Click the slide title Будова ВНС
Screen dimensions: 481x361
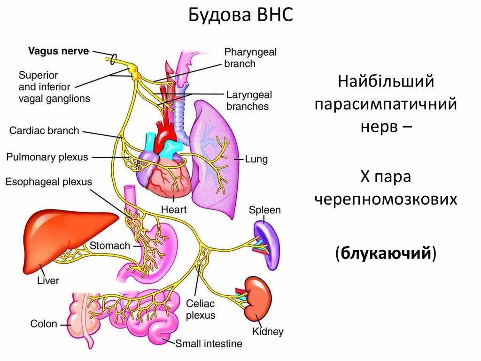240,16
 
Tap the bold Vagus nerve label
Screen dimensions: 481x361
58,51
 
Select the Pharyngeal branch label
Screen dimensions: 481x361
250,58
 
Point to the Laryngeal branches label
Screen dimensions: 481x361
248,100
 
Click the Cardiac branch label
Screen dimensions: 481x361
44,130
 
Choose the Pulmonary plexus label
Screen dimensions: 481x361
47,157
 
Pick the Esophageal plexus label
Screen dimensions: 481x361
49,182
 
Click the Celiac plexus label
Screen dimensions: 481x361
201,310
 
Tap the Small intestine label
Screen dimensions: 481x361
209,344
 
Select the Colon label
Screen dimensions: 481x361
44,324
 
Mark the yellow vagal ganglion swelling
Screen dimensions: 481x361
135,72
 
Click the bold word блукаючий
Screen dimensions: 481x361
386,253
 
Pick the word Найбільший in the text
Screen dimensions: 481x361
386,82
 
